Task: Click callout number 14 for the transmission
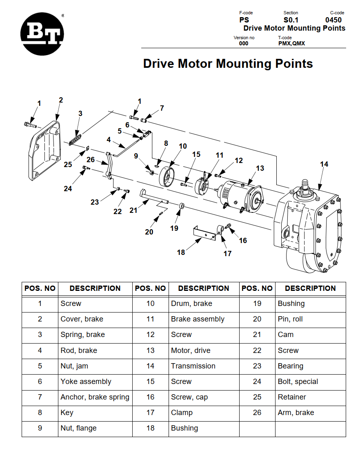[324, 164]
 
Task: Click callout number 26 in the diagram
[91, 160]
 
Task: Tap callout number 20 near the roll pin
[149, 232]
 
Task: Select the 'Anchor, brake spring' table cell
[95, 397]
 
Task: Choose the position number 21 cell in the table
[257, 335]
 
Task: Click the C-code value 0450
[333, 20]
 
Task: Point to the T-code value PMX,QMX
[291, 43]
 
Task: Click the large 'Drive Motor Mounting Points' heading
[228, 64]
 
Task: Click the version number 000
[244, 43]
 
